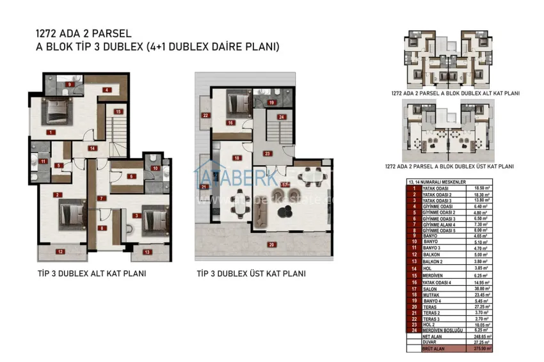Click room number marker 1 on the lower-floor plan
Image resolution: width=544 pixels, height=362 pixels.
[50, 132]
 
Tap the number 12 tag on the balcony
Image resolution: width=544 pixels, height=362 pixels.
[60, 252]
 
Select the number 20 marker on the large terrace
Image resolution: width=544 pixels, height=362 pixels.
[271, 244]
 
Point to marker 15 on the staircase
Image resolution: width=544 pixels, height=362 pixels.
[118, 111]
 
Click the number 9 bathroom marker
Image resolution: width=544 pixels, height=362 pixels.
[68, 84]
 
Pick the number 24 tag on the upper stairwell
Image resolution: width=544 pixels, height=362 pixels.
[281, 116]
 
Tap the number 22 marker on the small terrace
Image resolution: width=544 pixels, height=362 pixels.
[205, 116]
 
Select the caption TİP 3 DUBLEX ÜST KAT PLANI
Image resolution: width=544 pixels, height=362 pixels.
[251, 273]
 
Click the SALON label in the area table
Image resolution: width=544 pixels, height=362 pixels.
[429, 288]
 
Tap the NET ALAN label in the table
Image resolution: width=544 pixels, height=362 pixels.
[432, 336]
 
